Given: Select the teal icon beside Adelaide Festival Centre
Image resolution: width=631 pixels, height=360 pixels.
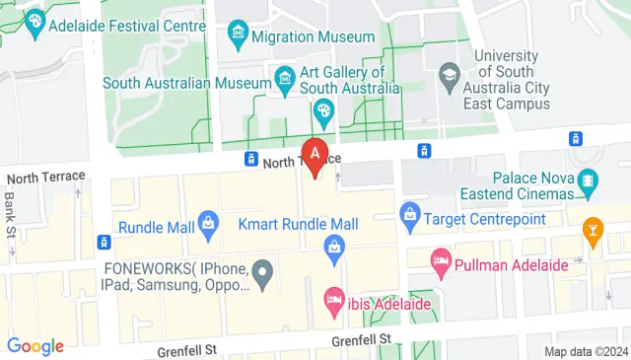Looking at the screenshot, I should (35, 20).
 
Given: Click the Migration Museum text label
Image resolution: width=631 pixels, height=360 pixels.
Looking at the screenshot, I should (313, 37).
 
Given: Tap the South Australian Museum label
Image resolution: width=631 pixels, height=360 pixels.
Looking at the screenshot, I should (187, 84).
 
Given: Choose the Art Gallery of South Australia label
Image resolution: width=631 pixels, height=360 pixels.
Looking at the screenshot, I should (341, 80).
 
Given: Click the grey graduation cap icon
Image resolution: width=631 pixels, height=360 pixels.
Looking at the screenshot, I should (450, 73).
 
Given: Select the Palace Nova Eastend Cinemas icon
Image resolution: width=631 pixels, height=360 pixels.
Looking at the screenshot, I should (588, 180).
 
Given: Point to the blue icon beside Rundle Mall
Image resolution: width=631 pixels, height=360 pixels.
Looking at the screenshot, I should (209, 226).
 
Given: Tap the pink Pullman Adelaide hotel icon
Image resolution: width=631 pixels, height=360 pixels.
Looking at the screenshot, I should (441, 263).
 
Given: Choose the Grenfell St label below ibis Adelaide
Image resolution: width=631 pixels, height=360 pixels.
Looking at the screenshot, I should (362, 340).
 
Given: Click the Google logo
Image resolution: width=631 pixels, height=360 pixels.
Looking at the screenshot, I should (35, 346).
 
